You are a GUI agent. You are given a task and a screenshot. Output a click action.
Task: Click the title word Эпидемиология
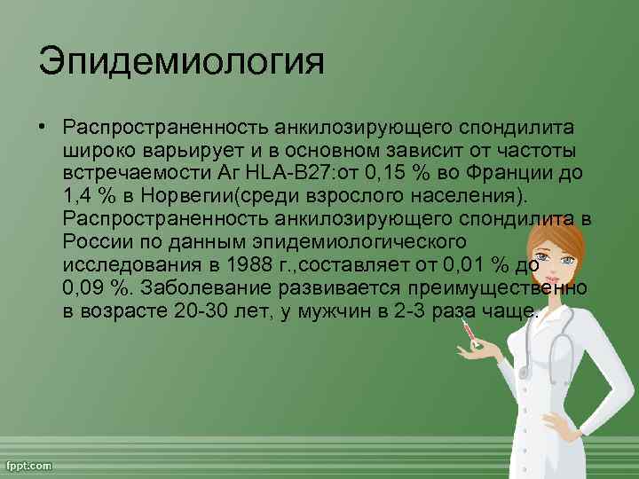181,65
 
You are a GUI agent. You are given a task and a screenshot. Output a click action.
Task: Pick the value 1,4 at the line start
76,194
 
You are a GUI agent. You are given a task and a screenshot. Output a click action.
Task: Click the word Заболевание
205,289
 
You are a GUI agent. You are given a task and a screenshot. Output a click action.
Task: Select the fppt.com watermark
29,466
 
